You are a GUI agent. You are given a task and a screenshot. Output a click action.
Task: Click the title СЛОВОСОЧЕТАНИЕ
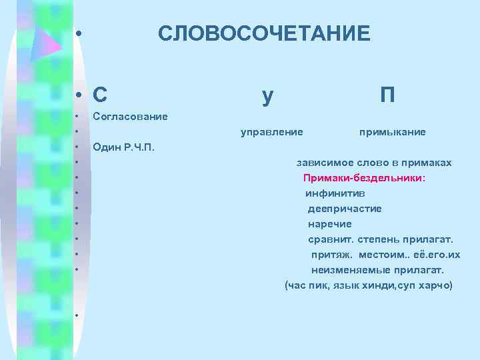tap(263, 33)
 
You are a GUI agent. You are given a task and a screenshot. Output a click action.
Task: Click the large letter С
tap(101, 96)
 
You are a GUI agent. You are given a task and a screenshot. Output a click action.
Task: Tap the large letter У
tap(267, 96)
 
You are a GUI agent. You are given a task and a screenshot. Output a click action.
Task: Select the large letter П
tap(387, 96)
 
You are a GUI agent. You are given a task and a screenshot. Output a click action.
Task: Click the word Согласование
tap(130, 117)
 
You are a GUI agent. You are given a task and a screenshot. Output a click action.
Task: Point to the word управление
tap(271, 132)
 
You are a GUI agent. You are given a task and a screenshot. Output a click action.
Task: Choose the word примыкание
tap(392, 132)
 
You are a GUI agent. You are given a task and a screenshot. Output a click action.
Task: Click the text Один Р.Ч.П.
tap(124, 147)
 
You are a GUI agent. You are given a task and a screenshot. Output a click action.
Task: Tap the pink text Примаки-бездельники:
tap(364, 178)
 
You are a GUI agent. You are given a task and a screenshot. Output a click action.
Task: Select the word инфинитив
tap(335, 193)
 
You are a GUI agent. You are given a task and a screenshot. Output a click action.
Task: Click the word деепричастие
tap(344, 209)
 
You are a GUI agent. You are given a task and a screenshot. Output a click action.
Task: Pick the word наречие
tap(329, 224)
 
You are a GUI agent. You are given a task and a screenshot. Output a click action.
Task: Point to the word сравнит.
tap(330, 239)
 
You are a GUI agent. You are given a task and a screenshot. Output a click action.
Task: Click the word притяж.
tap(331, 255)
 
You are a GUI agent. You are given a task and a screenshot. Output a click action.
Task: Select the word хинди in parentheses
tap(377, 285)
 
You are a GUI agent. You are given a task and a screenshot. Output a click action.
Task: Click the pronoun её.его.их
tap(437, 255)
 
